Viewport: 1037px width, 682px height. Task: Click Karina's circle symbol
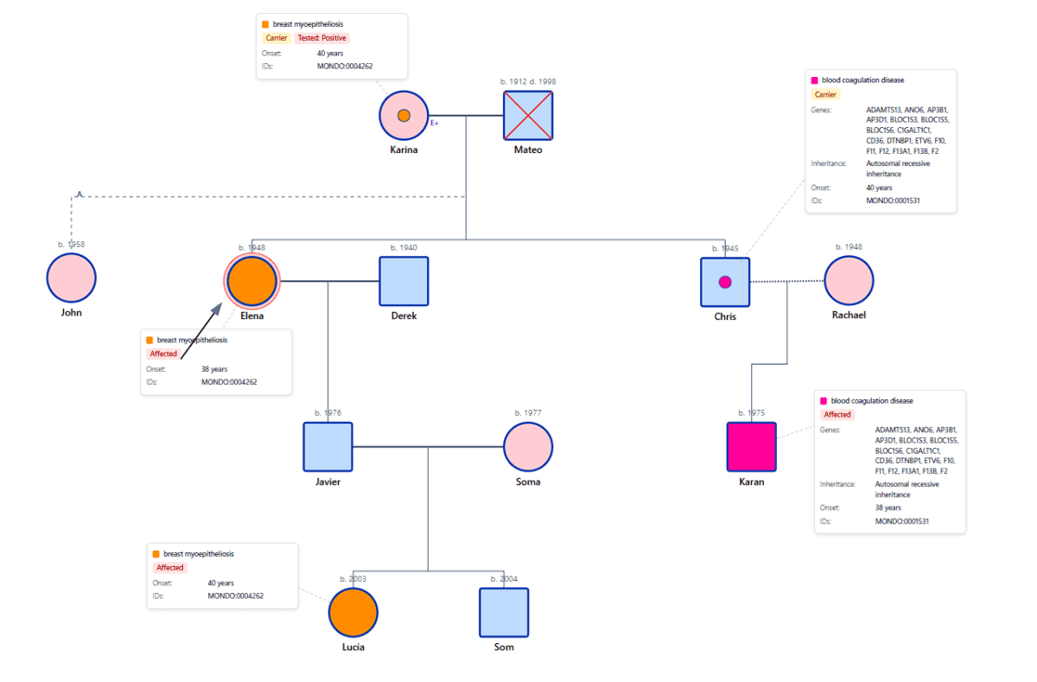(x=404, y=115)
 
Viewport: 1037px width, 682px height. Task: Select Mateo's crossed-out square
(x=528, y=115)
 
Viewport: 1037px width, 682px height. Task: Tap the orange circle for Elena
(x=251, y=282)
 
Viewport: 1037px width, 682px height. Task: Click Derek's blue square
(x=404, y=282)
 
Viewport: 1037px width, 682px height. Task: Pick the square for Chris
(x=725, y=282)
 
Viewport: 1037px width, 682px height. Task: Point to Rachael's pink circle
(x=849, y=281)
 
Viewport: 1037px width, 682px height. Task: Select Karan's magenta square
(x=752, y=447)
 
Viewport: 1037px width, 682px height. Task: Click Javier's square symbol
(x=328, y=447)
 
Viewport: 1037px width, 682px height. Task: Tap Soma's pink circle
(x=528, y=447)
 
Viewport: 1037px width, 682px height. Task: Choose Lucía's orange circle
(x=353, y=613)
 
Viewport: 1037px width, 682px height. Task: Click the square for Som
(x=504, y=613)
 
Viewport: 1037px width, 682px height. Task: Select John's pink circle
(x=71, y=278)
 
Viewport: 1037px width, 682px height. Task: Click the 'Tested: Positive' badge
(x=321, y=38)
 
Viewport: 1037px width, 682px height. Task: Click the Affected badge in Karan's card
(x=837, y=415)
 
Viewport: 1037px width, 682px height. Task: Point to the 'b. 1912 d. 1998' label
(x=528, y=81)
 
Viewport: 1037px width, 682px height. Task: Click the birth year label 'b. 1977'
(x=528, y=413)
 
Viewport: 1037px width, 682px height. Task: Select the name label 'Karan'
(x=752, y=481)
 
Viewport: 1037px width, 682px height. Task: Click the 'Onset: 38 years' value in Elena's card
(x=214, y=369)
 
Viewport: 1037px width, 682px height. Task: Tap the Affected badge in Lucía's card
(x=170, y=568)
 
